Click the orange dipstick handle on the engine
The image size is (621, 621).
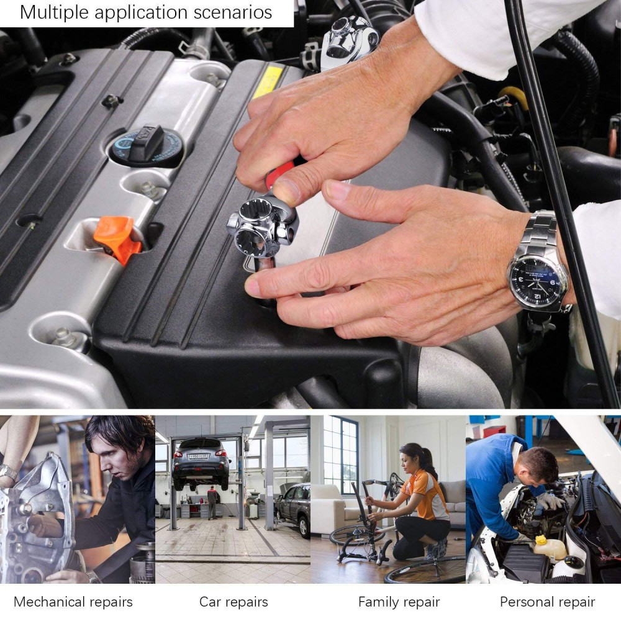[116, 239]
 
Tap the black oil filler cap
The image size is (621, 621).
[146, 145]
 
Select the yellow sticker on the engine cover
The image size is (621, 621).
[268, 81]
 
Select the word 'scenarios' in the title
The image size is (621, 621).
[232, 12]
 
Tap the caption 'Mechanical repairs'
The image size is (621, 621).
[73, 602]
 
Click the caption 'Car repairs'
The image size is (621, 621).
[233, 602]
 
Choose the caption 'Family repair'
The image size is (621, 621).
[399, 602]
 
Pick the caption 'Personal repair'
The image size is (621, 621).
[547, 602]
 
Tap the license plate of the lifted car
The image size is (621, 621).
[197, 456]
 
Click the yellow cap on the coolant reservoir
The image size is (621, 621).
[541, 540]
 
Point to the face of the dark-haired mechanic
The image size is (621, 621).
[115, 460]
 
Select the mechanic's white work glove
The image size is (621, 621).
[550, 501]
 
